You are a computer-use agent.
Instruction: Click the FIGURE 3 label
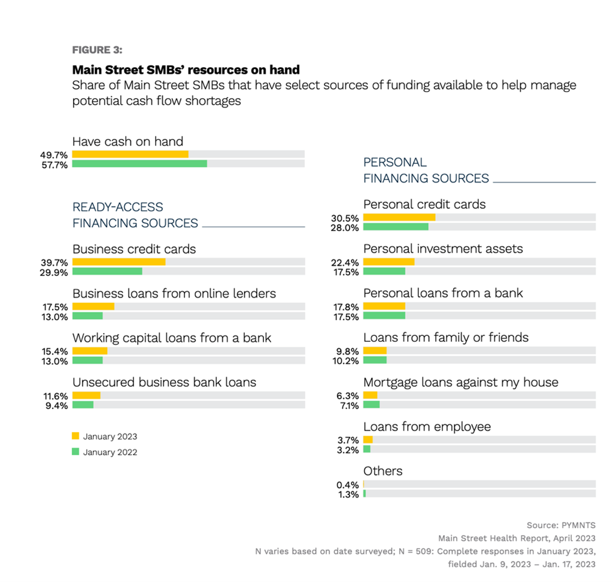[x=97, y=50]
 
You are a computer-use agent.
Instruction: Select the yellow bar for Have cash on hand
[x=130, y=154]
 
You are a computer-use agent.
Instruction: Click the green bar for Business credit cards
[x=107, y=271]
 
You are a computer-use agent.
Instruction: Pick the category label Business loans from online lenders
[x=174, y=293]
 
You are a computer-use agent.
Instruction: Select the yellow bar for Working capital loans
[x=90, y=351]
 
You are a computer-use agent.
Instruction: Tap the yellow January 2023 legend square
[x=75, y=436]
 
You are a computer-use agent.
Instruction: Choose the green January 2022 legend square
[x=75, y=451]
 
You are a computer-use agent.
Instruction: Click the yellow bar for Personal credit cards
[x=399, y=217]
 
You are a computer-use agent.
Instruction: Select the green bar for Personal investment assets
[x=384, y=271]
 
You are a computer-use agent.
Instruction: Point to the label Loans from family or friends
[x=446, y=338]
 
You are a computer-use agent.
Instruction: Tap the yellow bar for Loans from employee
[x=368, y=439]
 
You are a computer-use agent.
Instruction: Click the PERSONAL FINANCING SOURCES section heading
[x=426, y=170]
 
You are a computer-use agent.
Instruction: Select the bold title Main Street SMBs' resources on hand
[x=186, y=70]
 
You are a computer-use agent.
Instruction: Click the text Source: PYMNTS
[x=561, y=525]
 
